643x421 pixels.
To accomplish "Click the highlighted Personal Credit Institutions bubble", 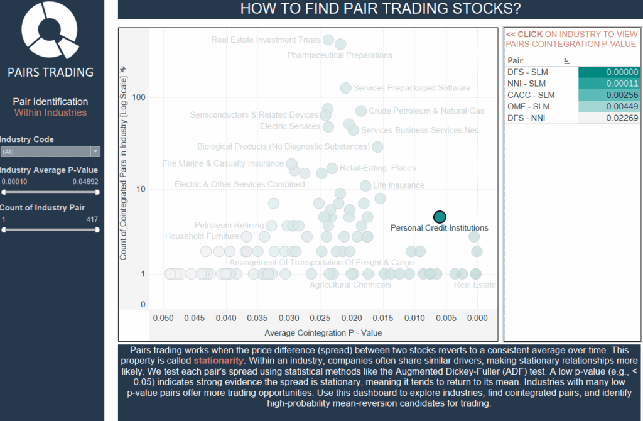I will coord(440,217).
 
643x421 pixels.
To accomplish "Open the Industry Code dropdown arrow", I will coord(95,151).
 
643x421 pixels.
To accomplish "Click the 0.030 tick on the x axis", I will coord(289,319).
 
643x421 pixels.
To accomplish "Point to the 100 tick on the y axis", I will coord(138,97).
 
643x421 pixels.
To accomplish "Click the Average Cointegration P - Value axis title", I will coord(323,332).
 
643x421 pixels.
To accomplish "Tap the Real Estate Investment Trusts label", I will coord(266,40).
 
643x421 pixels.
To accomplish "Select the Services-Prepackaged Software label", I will coord(411,89).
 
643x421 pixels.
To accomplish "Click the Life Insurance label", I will coord(399,185).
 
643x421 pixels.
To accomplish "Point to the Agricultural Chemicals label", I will coord(350,285).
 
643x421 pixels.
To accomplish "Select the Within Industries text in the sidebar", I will coord(50,113).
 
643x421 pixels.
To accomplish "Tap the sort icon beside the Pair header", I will coord(567,61).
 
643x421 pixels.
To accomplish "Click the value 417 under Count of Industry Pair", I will coord(92,220).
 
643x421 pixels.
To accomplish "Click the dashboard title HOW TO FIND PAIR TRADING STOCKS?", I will coord(381,9).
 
